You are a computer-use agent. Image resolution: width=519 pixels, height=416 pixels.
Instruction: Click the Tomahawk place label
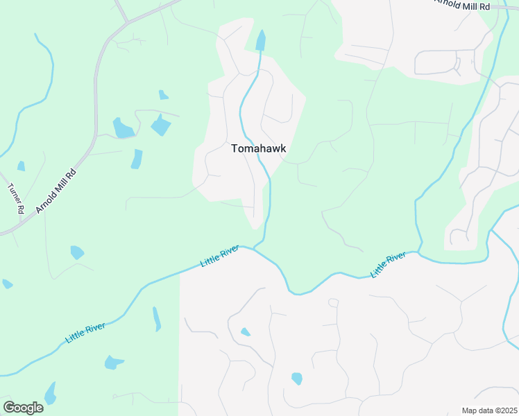tap(258, 148)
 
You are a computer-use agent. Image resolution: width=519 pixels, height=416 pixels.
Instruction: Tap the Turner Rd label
tap(16, 198)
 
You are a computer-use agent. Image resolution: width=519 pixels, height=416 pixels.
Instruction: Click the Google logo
tap(23, 408)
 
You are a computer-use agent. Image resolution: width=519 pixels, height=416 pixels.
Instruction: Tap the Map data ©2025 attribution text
tap(488, 410)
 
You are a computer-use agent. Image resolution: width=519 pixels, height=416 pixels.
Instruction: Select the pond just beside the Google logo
tap(50, 394)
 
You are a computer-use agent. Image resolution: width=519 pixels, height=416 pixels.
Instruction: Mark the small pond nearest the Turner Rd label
tap(22, 166)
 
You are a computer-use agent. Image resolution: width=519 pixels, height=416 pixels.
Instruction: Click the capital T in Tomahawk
tap(234, 148)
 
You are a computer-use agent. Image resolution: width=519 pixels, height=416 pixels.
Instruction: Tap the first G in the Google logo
tap(9, 408)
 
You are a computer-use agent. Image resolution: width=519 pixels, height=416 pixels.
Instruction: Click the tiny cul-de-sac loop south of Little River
tap(333, 303)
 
